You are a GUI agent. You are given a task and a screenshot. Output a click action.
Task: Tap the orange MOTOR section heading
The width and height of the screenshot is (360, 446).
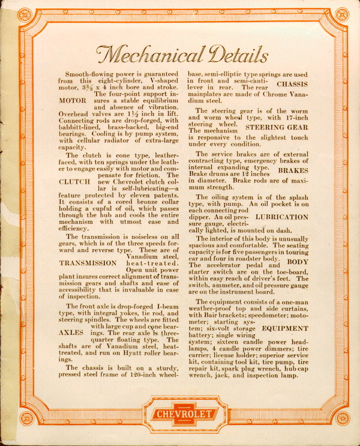click(x=74, y=101)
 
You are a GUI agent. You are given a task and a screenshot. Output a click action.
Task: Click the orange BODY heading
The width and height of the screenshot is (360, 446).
click(x=297, y=262)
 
